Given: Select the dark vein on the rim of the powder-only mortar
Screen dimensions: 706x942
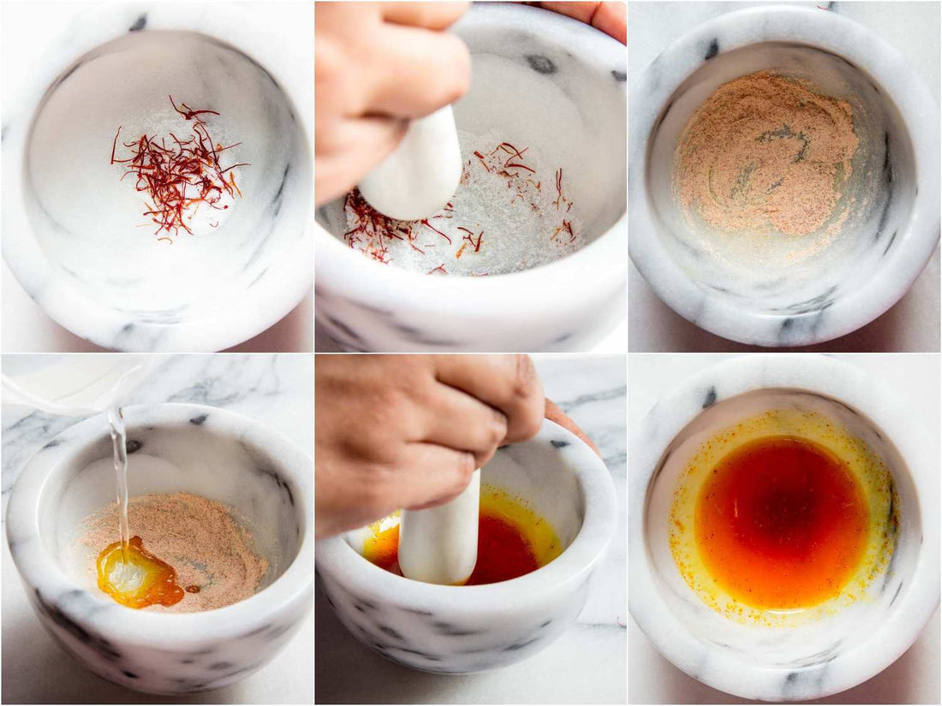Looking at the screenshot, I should coord(712,49).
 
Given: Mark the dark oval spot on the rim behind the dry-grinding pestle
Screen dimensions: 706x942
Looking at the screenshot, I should coord(540,63).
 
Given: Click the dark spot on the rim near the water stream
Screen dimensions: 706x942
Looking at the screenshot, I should coord(198,419).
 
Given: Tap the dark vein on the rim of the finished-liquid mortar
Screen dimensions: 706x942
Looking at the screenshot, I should coord(709,397).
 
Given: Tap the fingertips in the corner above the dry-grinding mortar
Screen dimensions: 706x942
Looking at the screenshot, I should coord(591,15).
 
